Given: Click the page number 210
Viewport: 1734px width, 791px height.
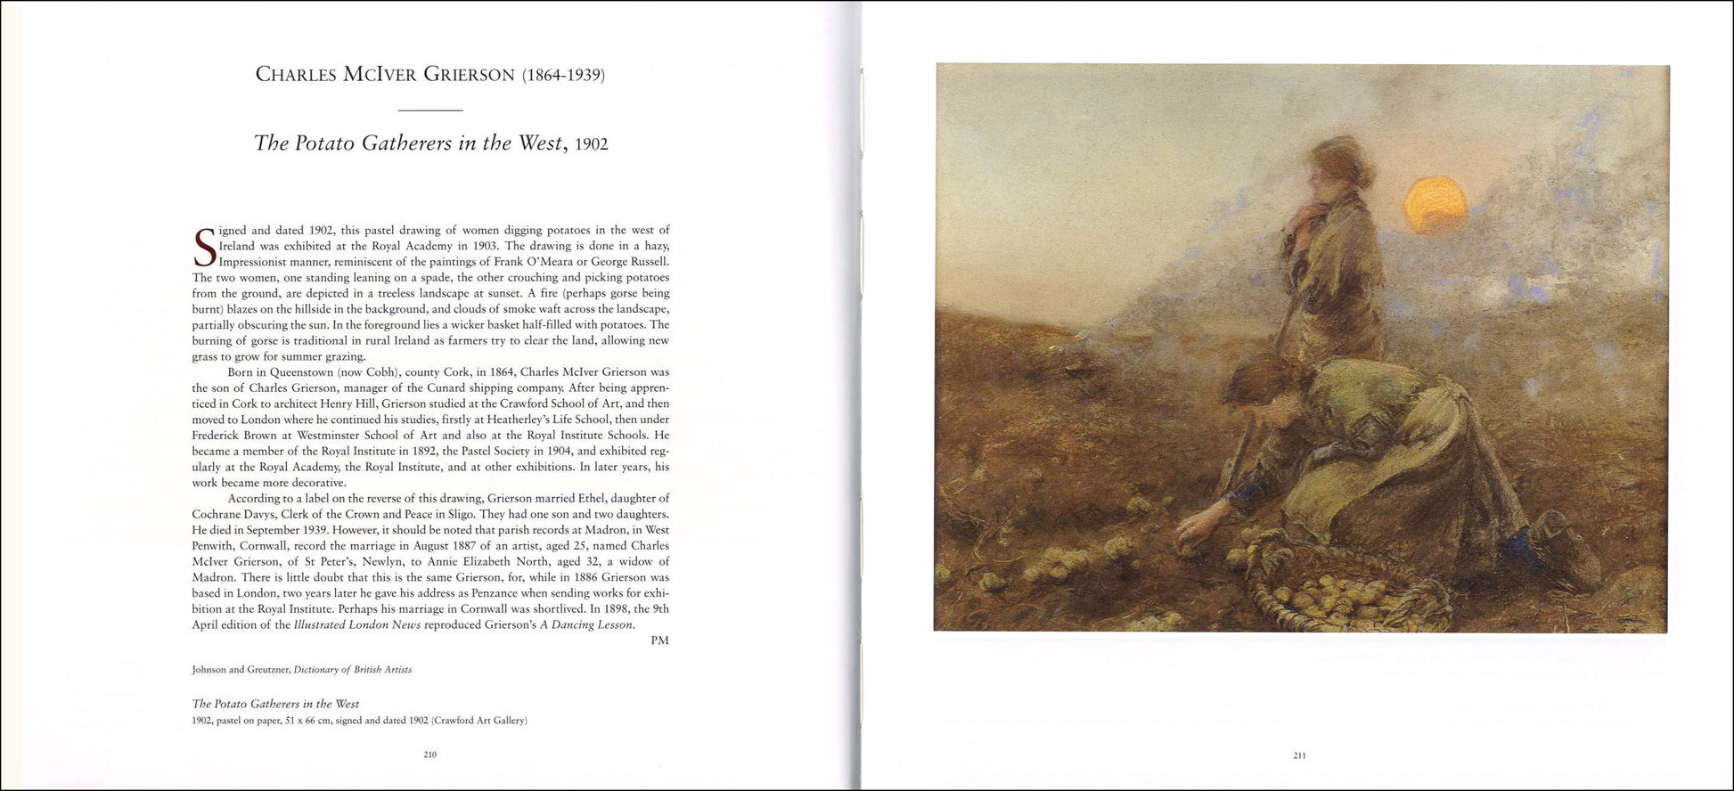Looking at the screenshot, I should (429, 754).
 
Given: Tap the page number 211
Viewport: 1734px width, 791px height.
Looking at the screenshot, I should (1299, 755).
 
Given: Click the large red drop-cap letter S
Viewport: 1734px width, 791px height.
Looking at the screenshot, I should (204, 248).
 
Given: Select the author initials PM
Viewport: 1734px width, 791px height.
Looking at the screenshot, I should (659, 640).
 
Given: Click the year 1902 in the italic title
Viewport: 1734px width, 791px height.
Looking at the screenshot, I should (591, 144).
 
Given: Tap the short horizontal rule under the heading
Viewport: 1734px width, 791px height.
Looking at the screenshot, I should (429, 110).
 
